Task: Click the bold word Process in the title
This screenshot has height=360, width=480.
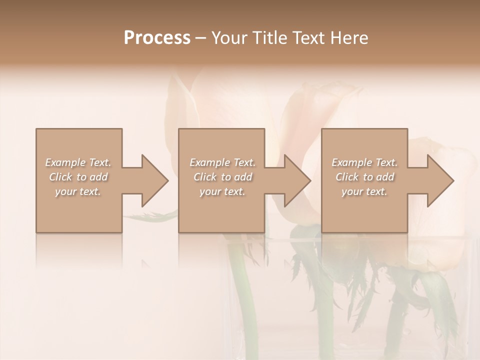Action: pos(157,38)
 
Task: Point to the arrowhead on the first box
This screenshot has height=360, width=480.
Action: pos(154,180)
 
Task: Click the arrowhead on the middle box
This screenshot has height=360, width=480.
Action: pos(297,180)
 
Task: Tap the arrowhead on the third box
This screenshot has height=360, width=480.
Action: pos(440,180)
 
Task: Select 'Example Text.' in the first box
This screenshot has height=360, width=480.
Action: pos(78,162)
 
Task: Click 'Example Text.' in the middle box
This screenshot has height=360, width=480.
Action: pos(222,162)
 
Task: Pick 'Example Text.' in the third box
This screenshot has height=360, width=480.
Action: pos(364,162)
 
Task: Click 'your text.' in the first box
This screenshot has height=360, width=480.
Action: pos(78,191)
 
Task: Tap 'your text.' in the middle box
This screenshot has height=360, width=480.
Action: pos(222,191)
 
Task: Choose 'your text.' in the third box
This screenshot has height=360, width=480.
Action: pos(364,191)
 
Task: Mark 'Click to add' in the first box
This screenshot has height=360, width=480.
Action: pos(78,177)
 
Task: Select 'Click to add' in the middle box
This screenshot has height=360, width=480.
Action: pos(222,177)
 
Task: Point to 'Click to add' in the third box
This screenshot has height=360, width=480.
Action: pos(364,177)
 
